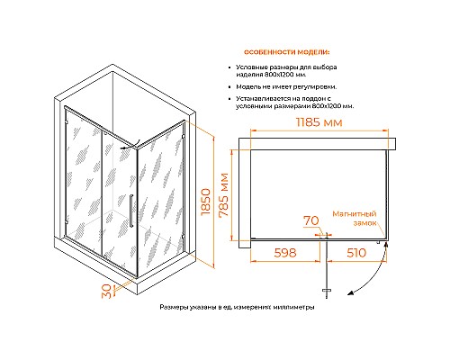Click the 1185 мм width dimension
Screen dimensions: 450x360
[319, 122]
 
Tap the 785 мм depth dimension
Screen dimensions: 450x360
[224, 195]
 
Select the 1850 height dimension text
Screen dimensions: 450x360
[206, 202]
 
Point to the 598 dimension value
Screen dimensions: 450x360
[285, 253]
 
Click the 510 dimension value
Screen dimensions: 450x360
[356, 253]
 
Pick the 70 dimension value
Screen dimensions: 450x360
[311, 220]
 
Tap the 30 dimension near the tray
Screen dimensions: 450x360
[107, 291]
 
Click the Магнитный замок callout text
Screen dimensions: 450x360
[355, 219]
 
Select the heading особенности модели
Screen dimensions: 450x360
[286, 52]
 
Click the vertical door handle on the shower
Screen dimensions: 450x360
[130, 211]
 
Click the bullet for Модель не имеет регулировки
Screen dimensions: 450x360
[229, 87]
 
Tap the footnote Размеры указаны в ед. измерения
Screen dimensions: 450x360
[237, 307]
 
